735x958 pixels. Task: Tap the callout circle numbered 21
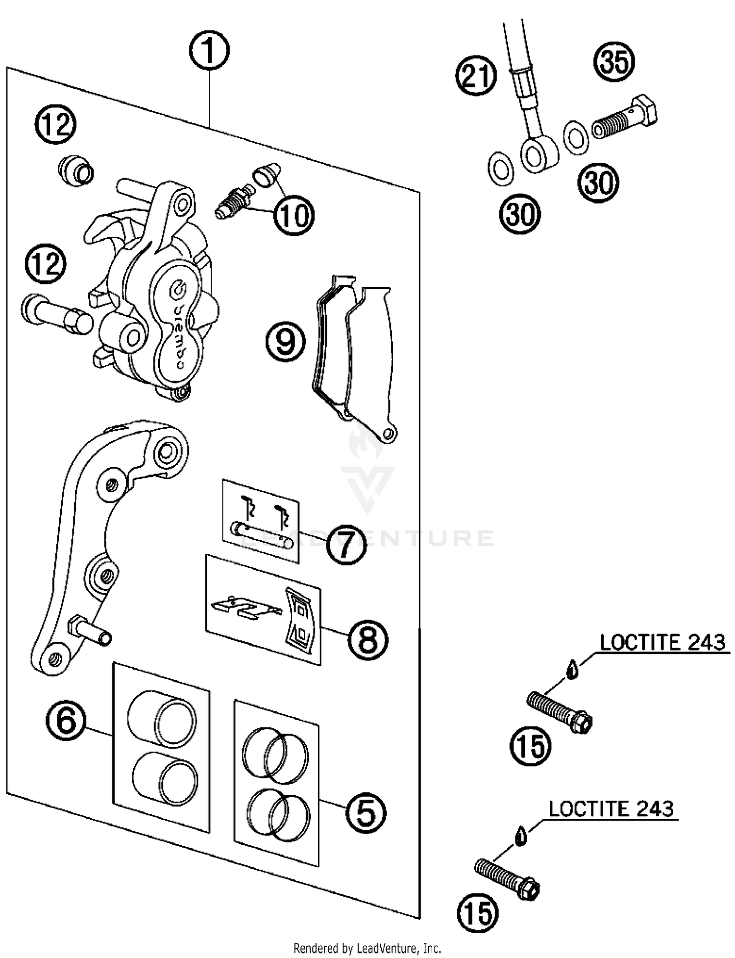[x=476, y=76]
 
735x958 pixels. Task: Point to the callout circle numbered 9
[x=286, y=342]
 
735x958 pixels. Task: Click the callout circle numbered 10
[x=293, y=215]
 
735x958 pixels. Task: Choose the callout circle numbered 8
[x=368, y=640]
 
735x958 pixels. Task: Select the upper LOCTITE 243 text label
[x=662, y=642]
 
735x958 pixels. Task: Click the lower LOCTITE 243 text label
[x=611, y=809]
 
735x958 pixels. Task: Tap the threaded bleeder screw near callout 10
[x=233, y=203]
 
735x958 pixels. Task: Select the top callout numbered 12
[x=55, y=124]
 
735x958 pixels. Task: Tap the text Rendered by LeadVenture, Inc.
[x=367, y=948]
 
